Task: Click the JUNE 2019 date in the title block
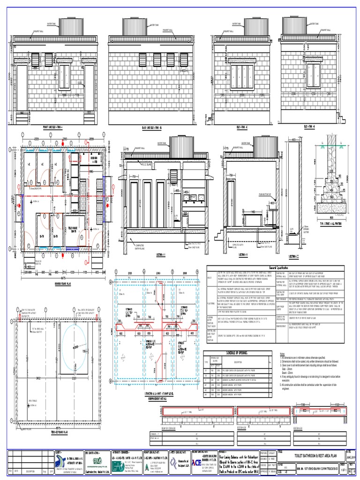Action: [351, 453]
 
